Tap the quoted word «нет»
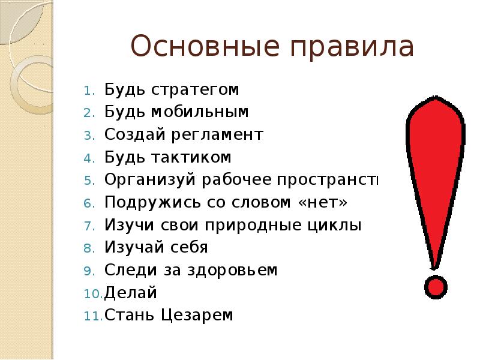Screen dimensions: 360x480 point(323,203)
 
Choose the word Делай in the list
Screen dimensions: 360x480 point(131,292)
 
